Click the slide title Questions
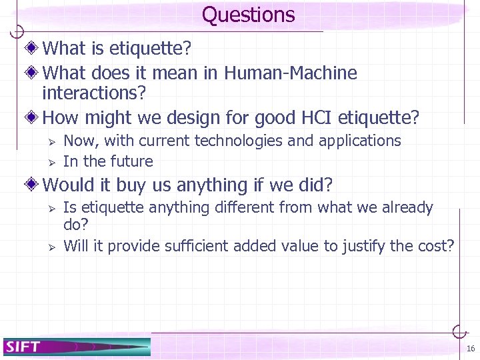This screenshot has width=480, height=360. pyautogui.click(x=248, y=15)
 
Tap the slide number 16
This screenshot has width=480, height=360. pyautogui.click(x=470, y=349)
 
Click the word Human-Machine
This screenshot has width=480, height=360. pyautogui.click(x=291, y=73)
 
